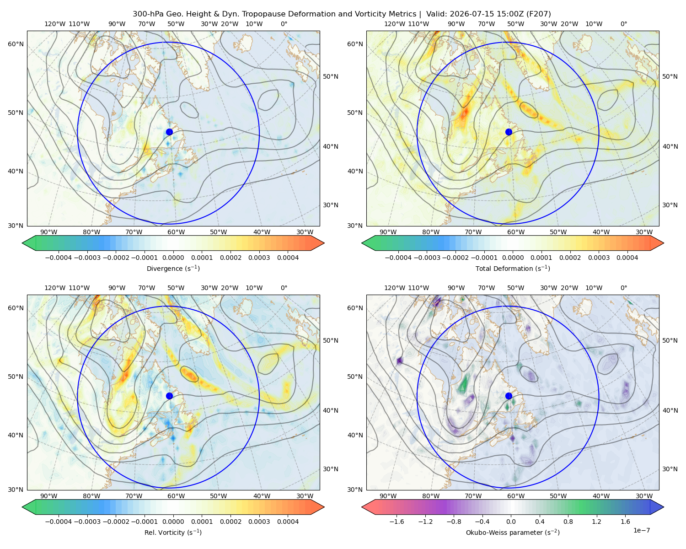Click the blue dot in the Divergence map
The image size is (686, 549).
(169, 132)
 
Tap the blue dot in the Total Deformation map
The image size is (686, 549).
(509, 132)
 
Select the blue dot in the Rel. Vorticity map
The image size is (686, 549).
(169, 396)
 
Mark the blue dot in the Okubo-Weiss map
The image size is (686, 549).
(509, 396)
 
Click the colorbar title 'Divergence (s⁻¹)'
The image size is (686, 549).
(173, 268)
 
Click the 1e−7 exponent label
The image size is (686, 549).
(641, 530)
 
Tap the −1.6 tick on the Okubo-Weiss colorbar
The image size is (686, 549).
(397, 522)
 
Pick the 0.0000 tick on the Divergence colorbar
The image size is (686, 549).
(173, 258)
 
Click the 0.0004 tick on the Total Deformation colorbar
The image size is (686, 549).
(627, 258)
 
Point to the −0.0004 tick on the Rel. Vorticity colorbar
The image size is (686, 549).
(59, 522)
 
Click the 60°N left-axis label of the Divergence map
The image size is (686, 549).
(16, 44)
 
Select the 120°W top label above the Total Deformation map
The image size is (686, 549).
(394, 24)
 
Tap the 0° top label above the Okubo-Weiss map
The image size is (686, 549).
(623, 288)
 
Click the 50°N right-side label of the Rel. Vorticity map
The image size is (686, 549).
(331, 340)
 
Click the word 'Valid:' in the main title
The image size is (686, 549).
(437, 14)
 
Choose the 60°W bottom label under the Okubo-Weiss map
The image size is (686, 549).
(515, 496)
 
